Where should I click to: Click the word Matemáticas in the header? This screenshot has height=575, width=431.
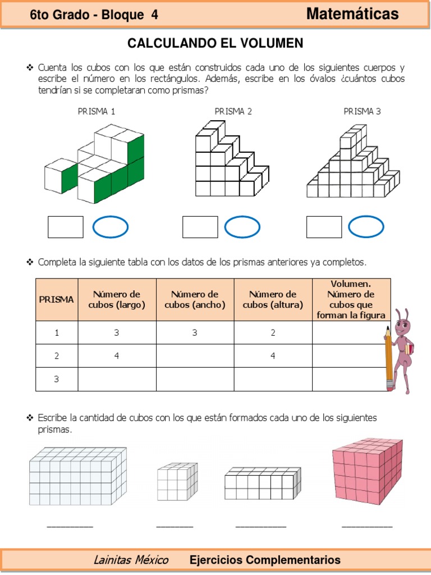(352, 14)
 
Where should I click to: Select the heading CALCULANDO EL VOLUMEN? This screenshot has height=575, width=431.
(215, 43)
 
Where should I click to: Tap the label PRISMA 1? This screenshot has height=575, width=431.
(97, 111)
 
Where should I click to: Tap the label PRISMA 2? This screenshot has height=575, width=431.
(233, 111)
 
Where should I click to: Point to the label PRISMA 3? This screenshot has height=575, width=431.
(362, 111)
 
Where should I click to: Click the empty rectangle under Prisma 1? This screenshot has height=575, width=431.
(66, 227)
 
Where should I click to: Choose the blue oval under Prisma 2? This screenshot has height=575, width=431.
(242, 227)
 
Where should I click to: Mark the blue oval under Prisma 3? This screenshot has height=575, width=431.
(366, 227)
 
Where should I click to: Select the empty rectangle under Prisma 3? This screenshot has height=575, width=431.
(324, 227)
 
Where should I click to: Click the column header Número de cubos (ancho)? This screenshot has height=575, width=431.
(195, 299)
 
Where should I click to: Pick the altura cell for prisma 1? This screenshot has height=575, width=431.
(273, 332)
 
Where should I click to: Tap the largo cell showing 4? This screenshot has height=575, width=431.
(117, 355)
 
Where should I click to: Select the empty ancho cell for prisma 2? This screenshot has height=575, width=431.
(195, 355)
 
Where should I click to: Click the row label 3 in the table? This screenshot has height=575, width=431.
(57, 379)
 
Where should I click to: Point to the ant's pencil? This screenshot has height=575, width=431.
(388, 359)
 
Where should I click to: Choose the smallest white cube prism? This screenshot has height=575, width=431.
(177, 481)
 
